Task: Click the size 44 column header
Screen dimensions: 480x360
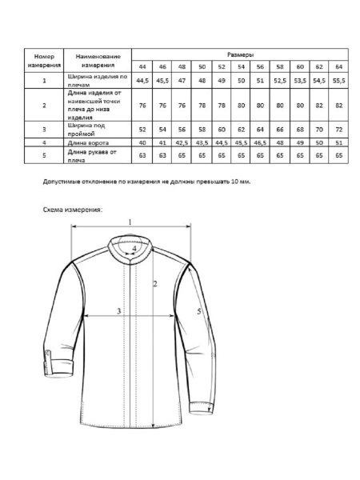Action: (142, 66)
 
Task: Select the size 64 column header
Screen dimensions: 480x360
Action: (338, 66)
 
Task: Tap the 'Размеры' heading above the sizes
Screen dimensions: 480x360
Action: (240, 54)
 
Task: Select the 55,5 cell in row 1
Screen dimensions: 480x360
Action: (338, 80)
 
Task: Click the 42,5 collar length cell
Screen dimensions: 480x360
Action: (182, 142)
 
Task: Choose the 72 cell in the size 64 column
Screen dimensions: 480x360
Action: (338, 128)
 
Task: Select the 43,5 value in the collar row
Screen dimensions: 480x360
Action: (202, 142)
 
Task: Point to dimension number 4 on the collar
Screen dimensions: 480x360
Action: (134, 249)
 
